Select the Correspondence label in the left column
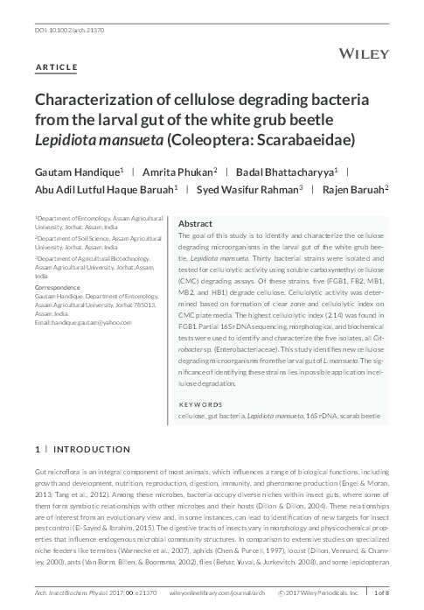pyautogui.click(x=58, y=288)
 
